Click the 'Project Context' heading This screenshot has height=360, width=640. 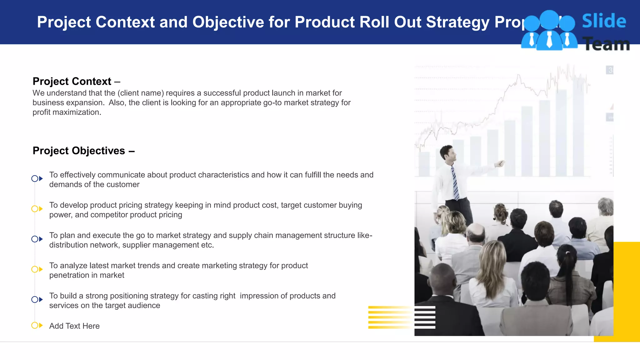pos(72,81)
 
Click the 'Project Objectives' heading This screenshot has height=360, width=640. pos(79,151)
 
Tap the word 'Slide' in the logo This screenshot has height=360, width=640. pos(604,21)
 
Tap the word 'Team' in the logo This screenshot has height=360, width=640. pos(606,44)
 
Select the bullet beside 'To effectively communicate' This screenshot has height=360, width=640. pos(37,178)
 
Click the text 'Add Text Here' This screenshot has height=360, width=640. pos(74,326)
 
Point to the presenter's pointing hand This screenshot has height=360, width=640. pos(500,163)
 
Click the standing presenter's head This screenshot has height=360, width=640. pos(448,153)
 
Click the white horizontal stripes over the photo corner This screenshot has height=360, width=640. pos(425,317)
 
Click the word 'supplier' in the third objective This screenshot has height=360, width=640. pos(136,245)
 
